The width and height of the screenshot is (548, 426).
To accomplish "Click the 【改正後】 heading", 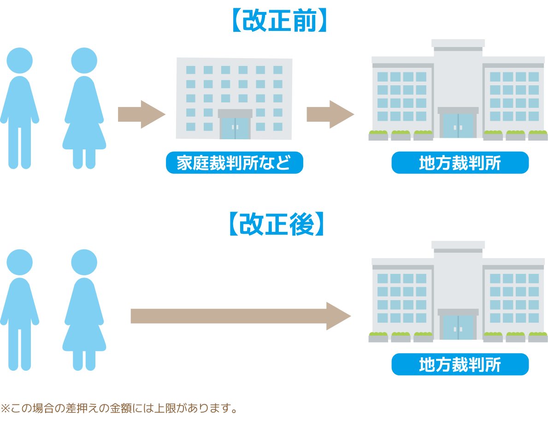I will pyautogui.click(x=277, y=224).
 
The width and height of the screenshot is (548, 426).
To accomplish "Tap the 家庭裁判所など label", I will pyautogui.click(x=234, y=163).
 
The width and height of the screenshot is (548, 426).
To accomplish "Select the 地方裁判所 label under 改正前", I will pyautogui.click(x=460, y=163).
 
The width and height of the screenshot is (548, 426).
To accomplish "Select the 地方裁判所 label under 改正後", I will pyautogui.click(x=460, y=364).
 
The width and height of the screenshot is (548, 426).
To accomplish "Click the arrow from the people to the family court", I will pyautogui.click(x=141, y=114).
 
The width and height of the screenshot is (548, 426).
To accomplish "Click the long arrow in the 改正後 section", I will pyautogui.click(x=240, y=316).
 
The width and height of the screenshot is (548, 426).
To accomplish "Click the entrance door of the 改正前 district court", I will pyautogui.click(x=458, y=125).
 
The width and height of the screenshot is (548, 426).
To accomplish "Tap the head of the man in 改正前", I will pyautogui.click(x=20, y=60).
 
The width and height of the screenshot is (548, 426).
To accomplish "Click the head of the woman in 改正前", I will pyautogui.click(x=84, y=60).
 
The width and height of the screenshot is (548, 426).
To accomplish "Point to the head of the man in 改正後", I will pyautogui.click(x=20, y=262).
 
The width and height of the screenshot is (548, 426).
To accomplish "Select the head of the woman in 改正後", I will pyautogui.click(x=84, y=262).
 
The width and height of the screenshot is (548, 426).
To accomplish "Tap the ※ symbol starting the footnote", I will pyautogui.click(x=5, y=408).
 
